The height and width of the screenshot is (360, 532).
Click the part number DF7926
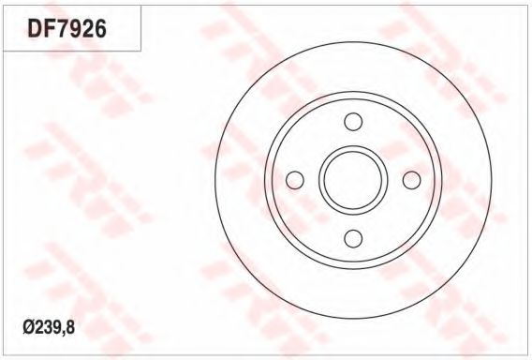tap(66, 28)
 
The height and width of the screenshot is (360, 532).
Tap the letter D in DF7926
tap(35, 28)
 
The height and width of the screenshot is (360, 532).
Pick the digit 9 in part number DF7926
tap(74, 28)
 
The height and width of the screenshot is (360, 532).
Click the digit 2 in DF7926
tap(87, 28)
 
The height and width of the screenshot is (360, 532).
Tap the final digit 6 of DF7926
tap(100, 28)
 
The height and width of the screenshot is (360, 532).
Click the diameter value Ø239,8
tap(49, 328)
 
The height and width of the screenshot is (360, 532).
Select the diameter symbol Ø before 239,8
tap(28, 328)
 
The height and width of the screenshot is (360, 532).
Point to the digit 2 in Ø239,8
tap(37, 328)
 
